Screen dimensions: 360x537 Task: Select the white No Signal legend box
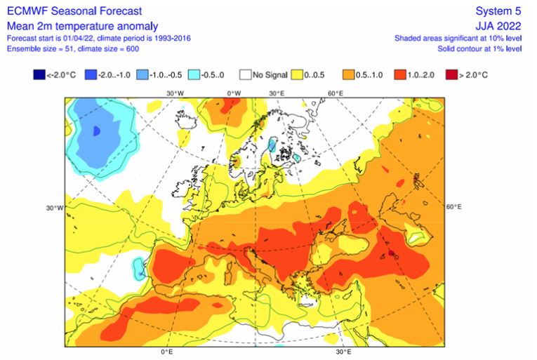tap(246, 74)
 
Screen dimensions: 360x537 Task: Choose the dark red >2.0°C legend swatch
tap(452, 74)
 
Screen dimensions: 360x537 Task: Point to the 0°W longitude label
tap(233, 93)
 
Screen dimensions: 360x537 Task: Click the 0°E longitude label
tap(166, 352)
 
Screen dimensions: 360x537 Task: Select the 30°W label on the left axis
tap(55, 208)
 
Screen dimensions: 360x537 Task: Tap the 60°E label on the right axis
tap(453, 207)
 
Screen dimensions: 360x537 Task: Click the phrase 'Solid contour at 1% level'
tap(477, 48)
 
